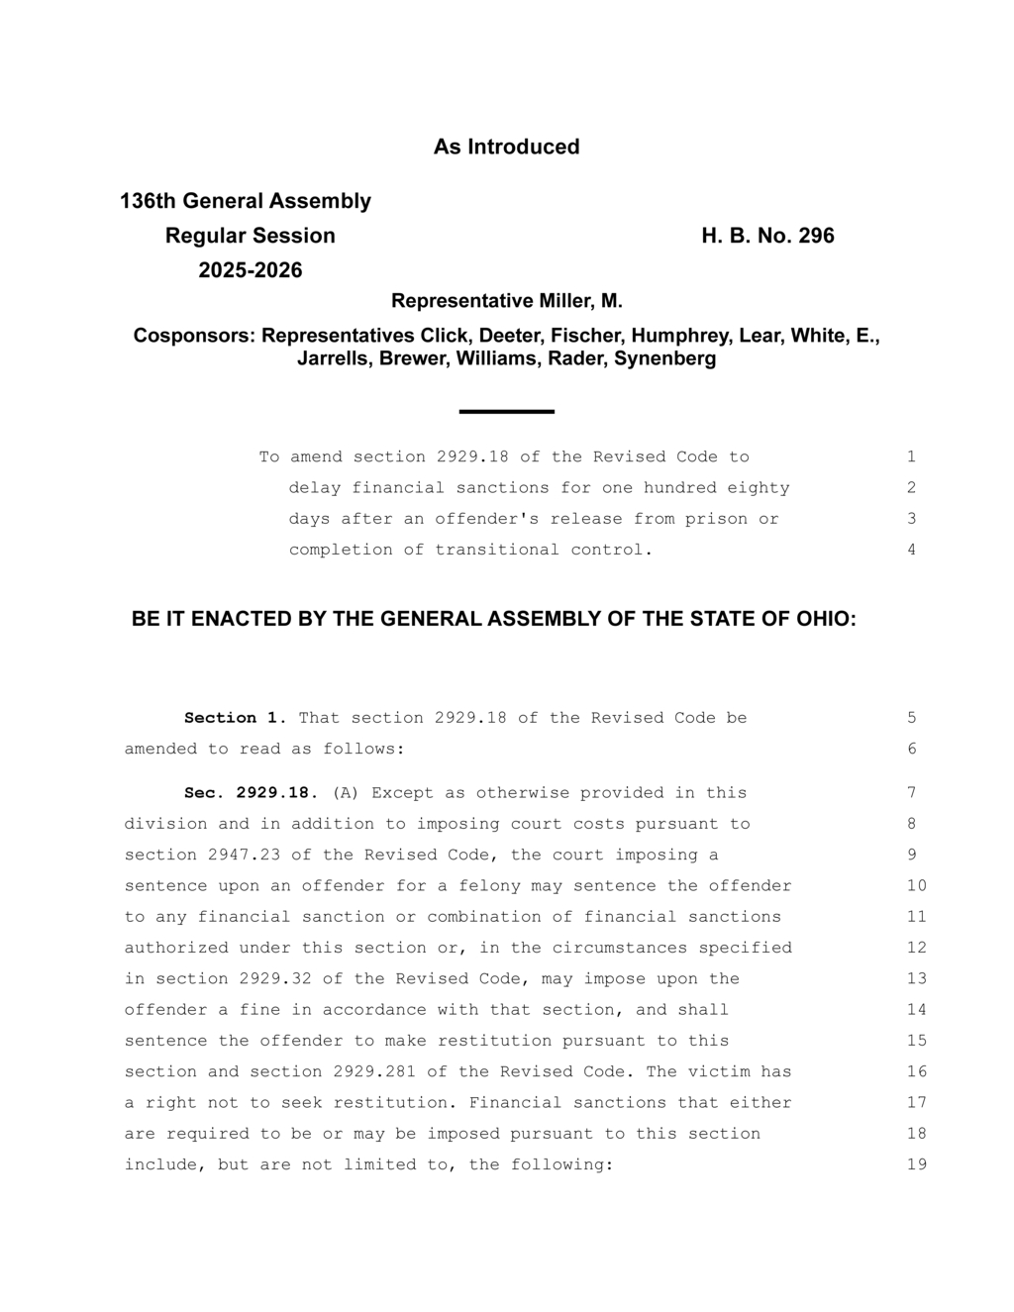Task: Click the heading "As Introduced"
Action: [506, 147]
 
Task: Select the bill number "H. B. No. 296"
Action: [767, 236]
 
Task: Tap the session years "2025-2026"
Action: [251, 270]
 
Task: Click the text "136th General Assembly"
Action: [246, 201]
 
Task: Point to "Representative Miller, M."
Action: [506, 301]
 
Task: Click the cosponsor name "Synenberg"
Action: [665, 358]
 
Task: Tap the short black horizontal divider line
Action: [506, 411]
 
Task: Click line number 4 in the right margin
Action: [911, 550]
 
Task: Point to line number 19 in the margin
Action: [916, 1164]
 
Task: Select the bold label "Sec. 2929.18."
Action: [252, 793]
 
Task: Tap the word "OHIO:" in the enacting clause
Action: [826, 620]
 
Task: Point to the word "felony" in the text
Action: [489, 885]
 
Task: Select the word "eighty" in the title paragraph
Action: [759, 488]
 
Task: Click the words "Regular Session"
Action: [251, 236]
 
